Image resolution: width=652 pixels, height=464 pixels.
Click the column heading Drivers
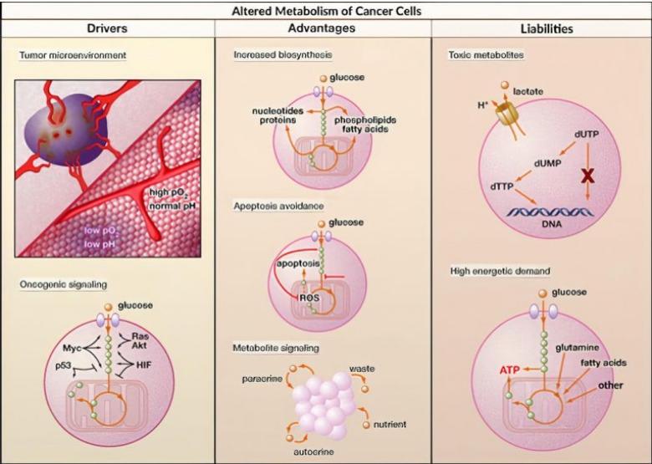click(x=107, y=28)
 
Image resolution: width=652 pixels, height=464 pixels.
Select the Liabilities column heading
click(x=547, y=28)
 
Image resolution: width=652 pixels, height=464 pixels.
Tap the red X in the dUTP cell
click(x=587, y=176)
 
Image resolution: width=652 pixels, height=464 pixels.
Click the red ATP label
click(x=509, y=370)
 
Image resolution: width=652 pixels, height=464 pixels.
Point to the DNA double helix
click(x=550, y=212)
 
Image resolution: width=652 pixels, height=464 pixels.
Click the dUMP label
click(x=548, y=163)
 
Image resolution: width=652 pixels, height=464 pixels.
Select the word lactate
click(x=528, y=91)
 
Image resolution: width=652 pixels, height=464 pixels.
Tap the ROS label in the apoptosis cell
click(x=309, y=298)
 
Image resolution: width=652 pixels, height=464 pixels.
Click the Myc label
click(x=72, y=348)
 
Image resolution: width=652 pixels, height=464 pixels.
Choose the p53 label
click(x=64, y=365)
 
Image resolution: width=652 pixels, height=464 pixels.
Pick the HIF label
click(x=144, y=365)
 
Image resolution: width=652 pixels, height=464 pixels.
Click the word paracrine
click(x=262, y=379)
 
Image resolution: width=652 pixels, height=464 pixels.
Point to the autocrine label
click(x=313, y=451)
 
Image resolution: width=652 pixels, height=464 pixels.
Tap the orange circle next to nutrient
click(x=366, y=425)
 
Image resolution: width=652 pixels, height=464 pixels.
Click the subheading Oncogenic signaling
click(x=64, y=284)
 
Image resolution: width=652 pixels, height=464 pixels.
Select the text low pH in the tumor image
click(x=99, y=244)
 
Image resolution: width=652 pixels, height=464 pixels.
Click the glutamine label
click(x=577, y=348)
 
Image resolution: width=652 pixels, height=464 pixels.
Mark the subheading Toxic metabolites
click(x=486, y=55)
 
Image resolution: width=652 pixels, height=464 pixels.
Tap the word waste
click(x=362, y=369)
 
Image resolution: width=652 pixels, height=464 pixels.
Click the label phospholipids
click(x=365, y=120)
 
